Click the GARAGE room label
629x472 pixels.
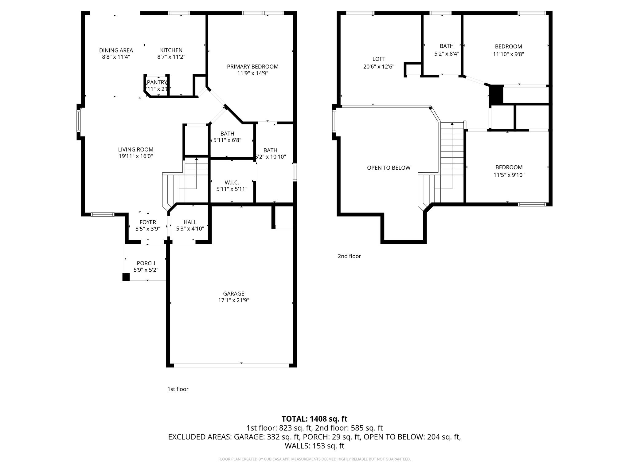[233, 293]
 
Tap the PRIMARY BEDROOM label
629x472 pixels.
[252, 66]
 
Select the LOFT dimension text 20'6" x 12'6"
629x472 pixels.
[378, 66]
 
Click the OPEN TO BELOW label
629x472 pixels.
[389, 168]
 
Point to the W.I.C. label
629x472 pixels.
[232, 183]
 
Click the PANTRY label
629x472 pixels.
[157, 82]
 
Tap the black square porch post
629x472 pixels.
[126, 277]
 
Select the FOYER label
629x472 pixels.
[148, 222]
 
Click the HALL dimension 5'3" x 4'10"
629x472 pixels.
[190, 229]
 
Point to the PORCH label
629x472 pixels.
[146, 263]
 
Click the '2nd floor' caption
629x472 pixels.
[349, 256]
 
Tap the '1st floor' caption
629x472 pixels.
[178, 389]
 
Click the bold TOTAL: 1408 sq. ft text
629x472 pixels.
[314, 419]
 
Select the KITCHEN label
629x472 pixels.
[171, 50]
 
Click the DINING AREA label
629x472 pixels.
[116, 50]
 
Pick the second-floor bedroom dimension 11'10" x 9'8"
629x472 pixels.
[508, 54]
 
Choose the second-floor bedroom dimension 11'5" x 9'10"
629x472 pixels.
[509, 175]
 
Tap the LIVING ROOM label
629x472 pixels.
[135, 150]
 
